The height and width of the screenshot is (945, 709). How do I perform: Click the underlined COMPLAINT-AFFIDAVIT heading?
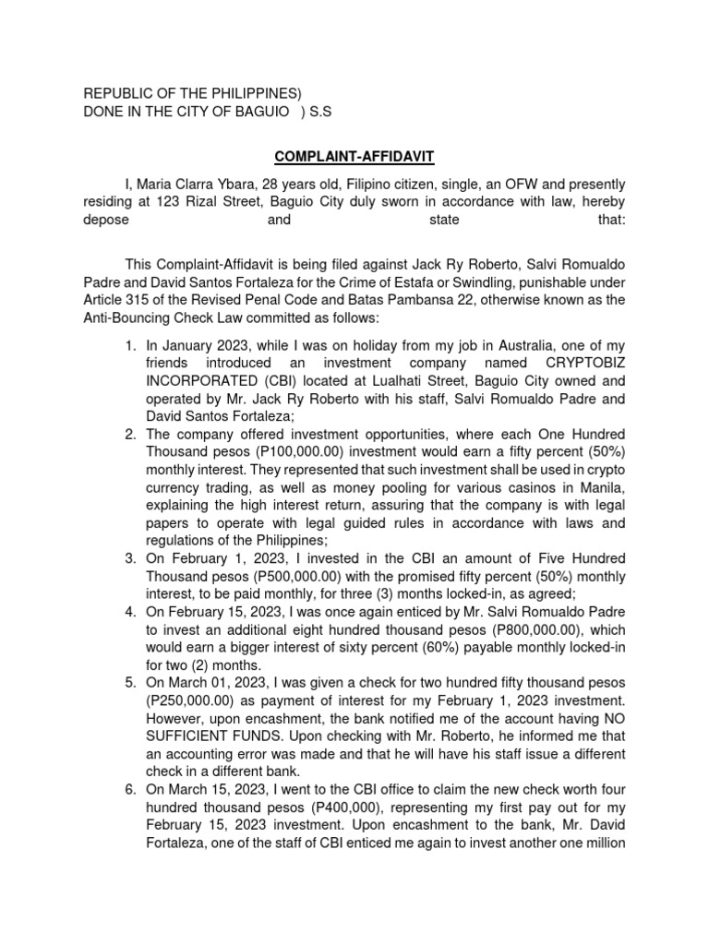tap(354, 159)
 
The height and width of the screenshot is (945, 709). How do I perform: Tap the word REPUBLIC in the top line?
tap(121, 93)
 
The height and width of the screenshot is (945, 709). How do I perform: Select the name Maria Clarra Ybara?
tap(205, 185)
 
